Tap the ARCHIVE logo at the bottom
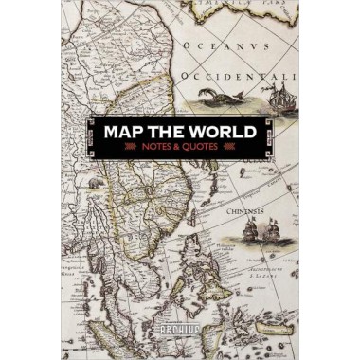click(x=180, y=333)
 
